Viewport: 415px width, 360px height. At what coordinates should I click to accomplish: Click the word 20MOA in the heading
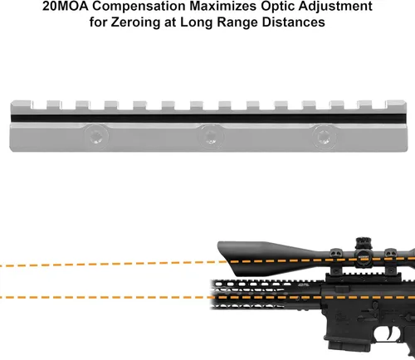(x=66, y=6)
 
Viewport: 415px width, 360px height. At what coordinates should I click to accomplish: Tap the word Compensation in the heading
(x=139, y=7)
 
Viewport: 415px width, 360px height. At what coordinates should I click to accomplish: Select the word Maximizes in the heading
(x=223, y=7)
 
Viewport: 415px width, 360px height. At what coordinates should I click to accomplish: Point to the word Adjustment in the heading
(x=335, y=7)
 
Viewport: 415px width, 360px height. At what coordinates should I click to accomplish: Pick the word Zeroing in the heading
(x=135, y=22)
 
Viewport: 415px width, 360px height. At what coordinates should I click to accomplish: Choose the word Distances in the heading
(x=293, y=22)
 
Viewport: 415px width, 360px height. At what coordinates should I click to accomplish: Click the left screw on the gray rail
(x=96, y=136)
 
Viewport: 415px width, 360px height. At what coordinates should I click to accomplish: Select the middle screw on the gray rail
(x=211, y=137)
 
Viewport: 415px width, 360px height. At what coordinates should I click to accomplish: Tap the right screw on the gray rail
(x=325, y=137)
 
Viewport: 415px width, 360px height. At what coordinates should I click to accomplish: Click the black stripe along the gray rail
(x=209, y=119)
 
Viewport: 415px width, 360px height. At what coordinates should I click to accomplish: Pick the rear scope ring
(x=391, y=262)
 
